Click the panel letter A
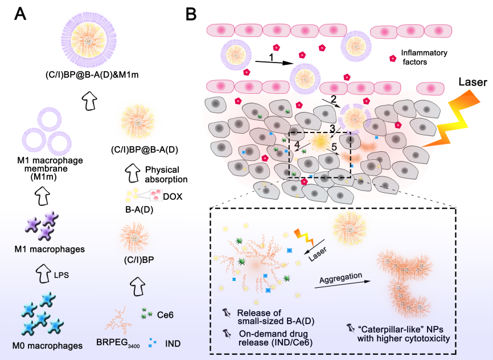(x=20, y=13)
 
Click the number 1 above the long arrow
(x=272, y=57)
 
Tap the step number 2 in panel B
(x=333, y=100)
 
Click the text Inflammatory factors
(x=424, y=57)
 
